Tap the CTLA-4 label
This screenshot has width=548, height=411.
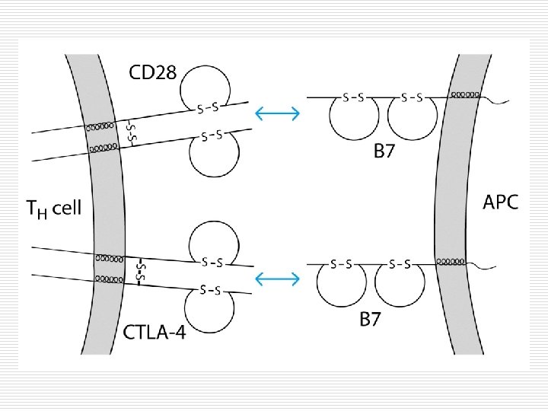pos(154,333)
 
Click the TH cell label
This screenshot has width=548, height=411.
pos(53,208)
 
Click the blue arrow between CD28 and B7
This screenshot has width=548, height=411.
pos(277,114)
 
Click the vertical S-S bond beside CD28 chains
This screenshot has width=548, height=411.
pos(130,132)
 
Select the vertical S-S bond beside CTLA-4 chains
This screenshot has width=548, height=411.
pos(140,270)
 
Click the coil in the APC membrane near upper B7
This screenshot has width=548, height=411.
pos(464,95)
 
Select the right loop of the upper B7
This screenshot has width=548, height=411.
pos(412,120)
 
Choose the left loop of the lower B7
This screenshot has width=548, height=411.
pos(341,286)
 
